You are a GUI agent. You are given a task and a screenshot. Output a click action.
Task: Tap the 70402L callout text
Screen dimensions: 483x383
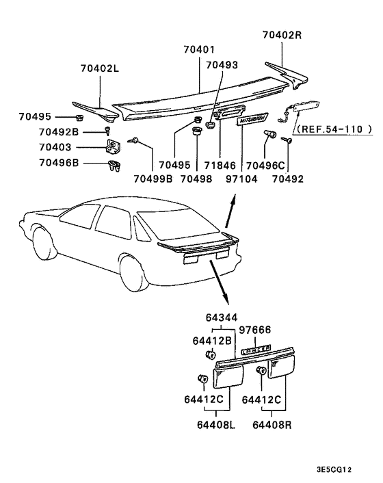tap(100, 68)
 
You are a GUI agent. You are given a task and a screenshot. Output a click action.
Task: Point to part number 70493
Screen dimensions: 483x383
tap(222, 65)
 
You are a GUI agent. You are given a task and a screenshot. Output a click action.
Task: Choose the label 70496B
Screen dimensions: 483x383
tap(59, 163)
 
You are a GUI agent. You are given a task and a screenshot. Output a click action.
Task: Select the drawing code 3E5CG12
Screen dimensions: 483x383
tap(334, 471)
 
